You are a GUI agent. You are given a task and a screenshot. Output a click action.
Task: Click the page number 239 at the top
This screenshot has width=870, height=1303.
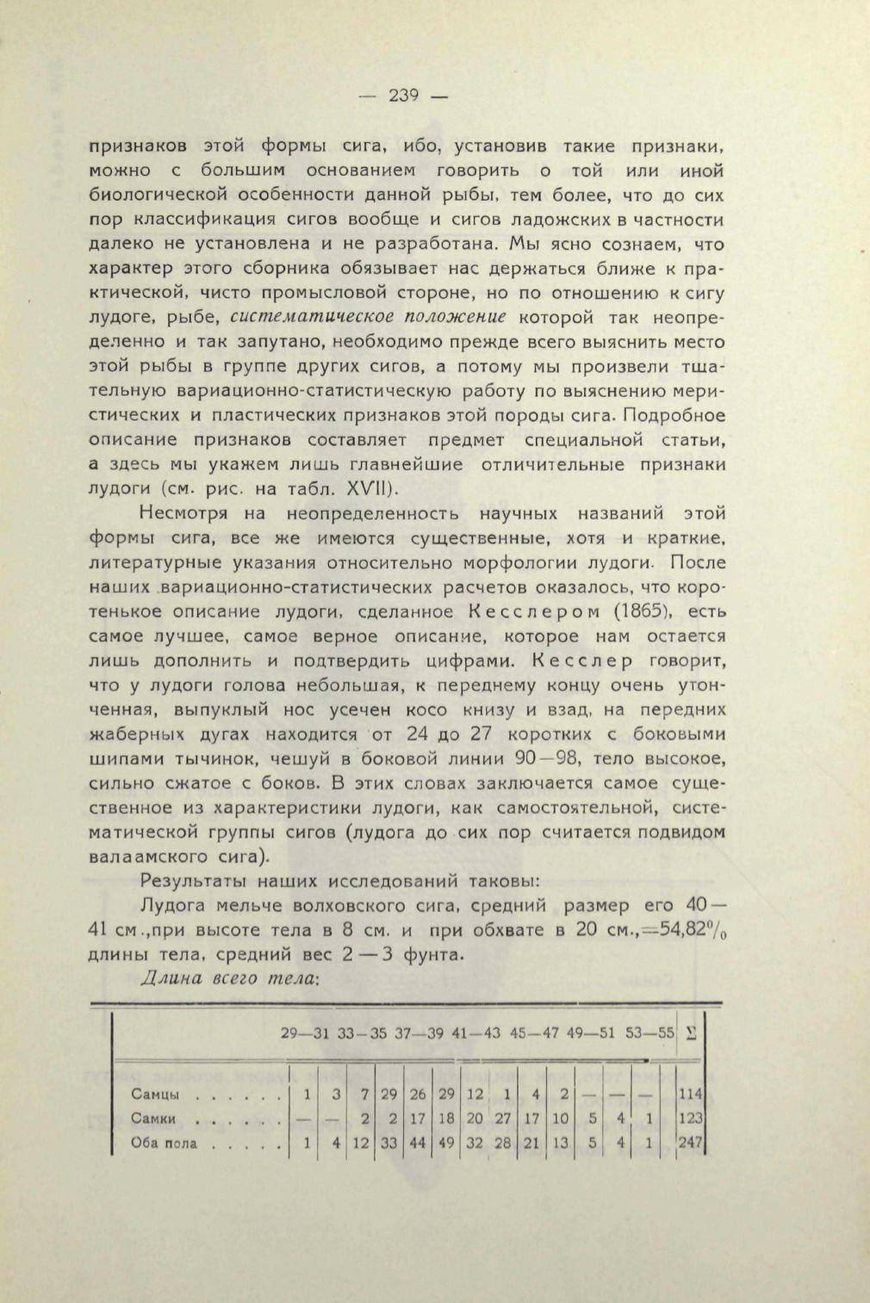(x=403, y=96)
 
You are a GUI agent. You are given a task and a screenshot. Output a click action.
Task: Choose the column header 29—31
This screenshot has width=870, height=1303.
(x=306, y=1033)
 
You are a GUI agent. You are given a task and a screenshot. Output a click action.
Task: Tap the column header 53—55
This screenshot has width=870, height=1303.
(x=650, y=1033)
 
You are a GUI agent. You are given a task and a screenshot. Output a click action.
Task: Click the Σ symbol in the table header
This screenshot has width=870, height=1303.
(x=692, y=1033)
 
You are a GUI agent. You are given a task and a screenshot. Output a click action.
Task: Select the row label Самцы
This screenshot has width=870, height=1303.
(x=155, y=1095)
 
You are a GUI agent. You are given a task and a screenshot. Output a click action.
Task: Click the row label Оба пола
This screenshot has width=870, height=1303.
(x=165, y=1144)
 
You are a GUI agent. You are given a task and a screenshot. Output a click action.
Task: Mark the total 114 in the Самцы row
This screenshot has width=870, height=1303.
(x=691, y=1095)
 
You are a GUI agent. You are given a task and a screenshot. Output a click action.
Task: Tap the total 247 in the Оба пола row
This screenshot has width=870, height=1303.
(x=691, y=1144)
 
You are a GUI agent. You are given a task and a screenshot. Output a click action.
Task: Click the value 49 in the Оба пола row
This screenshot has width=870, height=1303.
(x=446, y=1144)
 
